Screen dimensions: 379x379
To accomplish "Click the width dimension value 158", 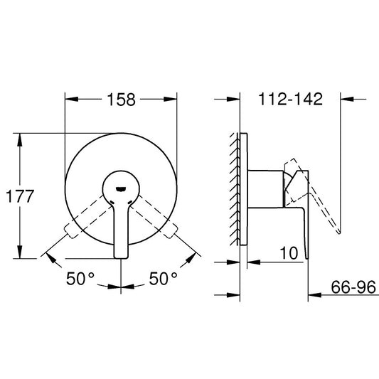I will (x=122, y=100).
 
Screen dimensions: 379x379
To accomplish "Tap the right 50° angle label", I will (x=164, y=279).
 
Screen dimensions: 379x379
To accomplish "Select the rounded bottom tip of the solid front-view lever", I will (x=122, y=254).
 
